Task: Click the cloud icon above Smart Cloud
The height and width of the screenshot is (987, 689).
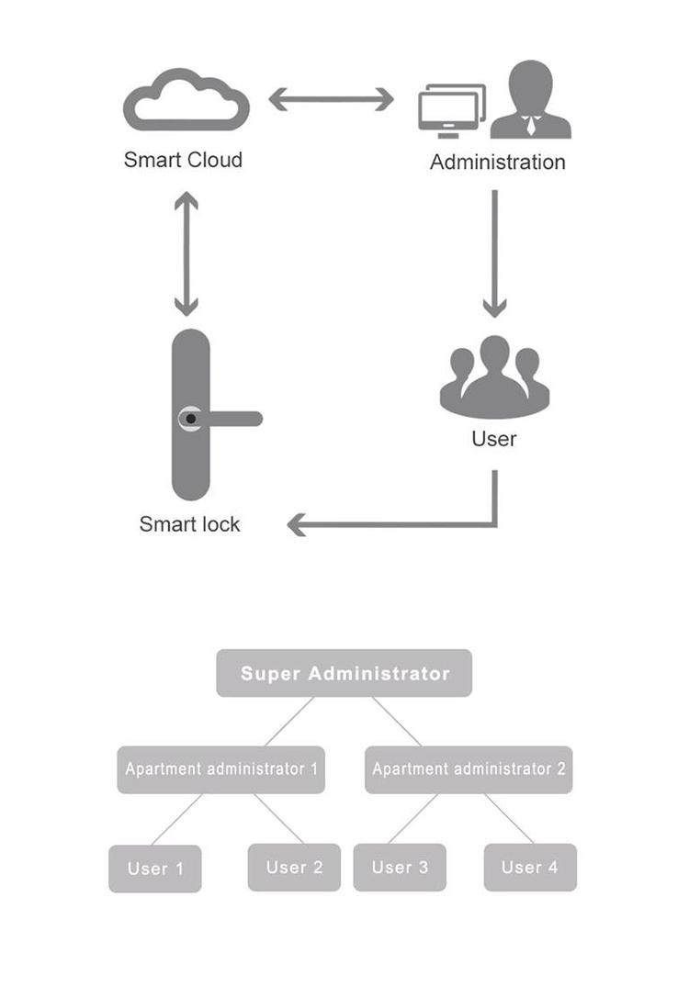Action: click(186, 119)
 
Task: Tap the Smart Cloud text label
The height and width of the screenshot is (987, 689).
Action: click(183, 160)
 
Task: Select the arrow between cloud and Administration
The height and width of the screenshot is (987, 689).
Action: click(332, 99)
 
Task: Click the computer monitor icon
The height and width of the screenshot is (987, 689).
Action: click(452, 111)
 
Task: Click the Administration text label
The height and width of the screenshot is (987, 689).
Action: click(498, 163)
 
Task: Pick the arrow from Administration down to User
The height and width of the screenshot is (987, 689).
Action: click(494, 253)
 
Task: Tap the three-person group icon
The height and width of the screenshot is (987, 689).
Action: click(494, 377)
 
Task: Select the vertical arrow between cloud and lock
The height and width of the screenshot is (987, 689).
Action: click(186, 253)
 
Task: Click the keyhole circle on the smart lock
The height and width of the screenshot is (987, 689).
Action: click(190, 419)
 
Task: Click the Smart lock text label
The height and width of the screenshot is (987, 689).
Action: click(189, 524)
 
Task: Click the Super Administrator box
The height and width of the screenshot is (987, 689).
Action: click(344, 673)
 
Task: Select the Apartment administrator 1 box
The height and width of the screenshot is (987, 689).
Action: click(221, 769)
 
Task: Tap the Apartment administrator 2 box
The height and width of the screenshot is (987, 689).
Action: click(469, 769)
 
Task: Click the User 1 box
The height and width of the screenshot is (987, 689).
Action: click(155, 869)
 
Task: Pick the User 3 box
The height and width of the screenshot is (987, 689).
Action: click(400, 868)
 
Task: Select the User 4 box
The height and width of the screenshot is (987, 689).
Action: click(530, 868)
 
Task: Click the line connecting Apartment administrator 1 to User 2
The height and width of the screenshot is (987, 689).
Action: click(279, 818)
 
